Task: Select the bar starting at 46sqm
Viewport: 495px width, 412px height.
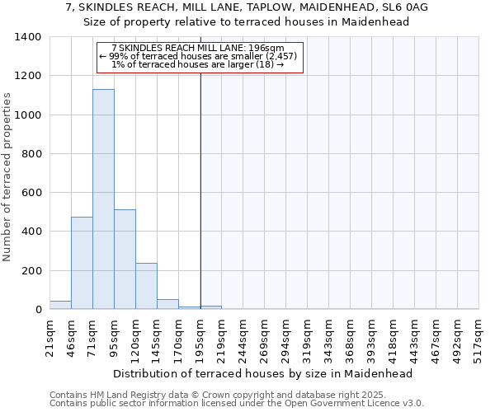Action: coord(82,263)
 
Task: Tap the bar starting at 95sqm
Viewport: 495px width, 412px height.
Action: coord(125,260)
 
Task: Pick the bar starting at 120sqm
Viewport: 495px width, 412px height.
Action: coord(146,286)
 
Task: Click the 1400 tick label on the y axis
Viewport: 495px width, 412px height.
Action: coord(28,37)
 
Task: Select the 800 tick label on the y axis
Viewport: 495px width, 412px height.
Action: coord(31,154)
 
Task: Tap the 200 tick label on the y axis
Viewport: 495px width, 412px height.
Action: coord(31,271)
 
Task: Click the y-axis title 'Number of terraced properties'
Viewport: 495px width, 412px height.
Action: coord(7,176)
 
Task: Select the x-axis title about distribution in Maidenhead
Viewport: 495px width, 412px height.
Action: coord(262,373)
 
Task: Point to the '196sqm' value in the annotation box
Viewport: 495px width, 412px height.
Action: coord(265,49)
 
